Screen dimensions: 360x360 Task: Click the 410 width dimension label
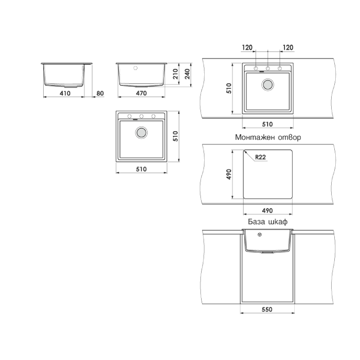tap(65, 94)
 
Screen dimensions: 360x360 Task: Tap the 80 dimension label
tap(100, 94)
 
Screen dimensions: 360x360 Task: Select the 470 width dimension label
tap(141, 93)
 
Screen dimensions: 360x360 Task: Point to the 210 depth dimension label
tap(175, 74)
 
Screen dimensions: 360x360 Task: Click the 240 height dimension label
tap(187, 74)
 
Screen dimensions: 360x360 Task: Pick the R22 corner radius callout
tap(261, 157)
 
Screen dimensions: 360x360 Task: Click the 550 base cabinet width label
tap(267, 310)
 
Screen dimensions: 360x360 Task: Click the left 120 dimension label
tap(247, 48)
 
